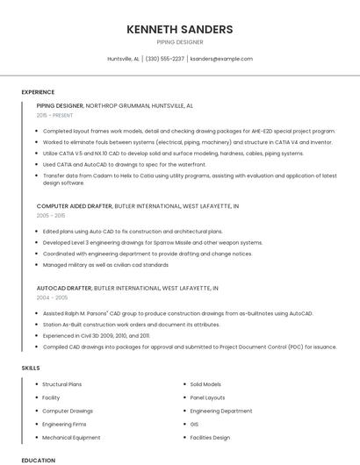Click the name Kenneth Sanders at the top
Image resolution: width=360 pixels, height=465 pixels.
coord(179,30)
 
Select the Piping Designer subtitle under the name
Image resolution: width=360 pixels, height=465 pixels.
coord(179,42)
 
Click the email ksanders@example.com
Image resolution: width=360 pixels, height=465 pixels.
coord(220,59)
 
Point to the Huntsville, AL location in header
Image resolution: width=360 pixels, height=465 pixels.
coord(123,59)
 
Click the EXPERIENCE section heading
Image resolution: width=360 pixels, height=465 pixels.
coord(38,92)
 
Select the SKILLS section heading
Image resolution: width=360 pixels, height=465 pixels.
coord(30,368)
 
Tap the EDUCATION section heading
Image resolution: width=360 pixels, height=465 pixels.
coord(38,460)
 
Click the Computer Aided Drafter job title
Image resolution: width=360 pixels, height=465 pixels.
coord(74,206)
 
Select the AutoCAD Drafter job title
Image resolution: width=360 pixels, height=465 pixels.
coord(63,288)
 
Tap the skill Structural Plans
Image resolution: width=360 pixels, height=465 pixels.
coord(62,384)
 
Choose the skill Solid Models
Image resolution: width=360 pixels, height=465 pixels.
coord(205,384)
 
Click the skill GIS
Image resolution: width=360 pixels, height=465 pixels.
coord(195,424)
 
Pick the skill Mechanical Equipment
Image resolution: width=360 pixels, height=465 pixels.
coord(71,437)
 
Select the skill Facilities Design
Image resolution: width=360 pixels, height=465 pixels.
coord(210,437)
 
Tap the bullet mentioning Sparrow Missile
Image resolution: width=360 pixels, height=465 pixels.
coord(153,242)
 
